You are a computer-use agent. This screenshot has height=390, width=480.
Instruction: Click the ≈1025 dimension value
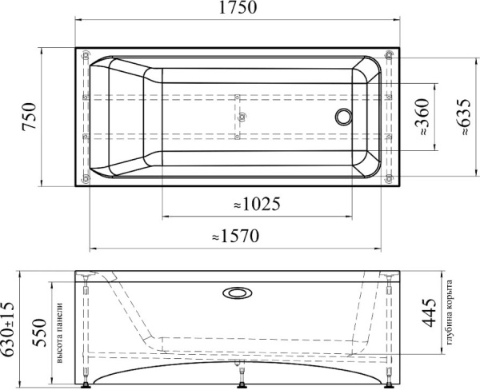coord(256,205)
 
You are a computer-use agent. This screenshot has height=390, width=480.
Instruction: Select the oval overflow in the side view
coord(237,292)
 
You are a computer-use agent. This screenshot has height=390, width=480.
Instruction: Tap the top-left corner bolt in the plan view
coord(85,55)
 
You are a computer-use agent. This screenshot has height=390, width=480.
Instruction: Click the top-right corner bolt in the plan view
coord(388,55)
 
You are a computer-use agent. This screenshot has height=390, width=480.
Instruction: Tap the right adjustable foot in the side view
coord(388,382)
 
